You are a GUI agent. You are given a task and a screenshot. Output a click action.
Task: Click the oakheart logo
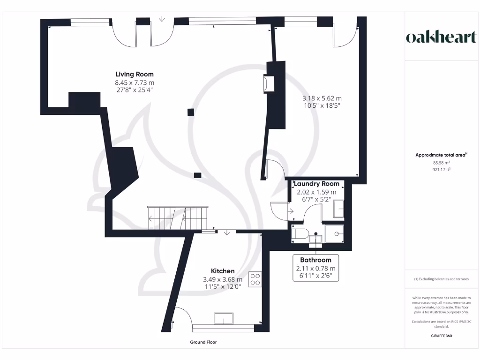441,37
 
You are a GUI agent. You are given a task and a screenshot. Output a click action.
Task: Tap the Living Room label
135,74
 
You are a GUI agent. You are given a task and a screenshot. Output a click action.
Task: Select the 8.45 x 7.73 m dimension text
135,82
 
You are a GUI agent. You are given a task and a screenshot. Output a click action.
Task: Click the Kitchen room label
223,271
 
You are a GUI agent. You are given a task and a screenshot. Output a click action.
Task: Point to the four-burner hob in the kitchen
255,279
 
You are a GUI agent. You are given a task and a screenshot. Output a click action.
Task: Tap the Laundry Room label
316,184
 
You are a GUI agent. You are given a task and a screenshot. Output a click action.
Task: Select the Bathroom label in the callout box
316,260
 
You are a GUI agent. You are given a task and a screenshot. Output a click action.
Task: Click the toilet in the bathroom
298,234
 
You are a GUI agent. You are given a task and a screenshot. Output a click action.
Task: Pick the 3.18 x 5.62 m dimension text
322,98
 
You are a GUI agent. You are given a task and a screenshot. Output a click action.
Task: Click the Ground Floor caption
203,342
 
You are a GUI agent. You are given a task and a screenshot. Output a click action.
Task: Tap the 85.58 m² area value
441,163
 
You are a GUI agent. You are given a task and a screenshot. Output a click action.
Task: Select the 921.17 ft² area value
441,170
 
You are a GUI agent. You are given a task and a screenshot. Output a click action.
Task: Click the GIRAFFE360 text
441,336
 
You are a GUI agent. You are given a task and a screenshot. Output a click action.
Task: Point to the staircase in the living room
178,217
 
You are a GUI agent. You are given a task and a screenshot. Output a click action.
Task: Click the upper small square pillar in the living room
190,112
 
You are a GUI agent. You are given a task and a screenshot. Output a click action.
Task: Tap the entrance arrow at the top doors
162,19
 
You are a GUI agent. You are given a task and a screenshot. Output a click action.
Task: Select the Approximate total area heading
441,155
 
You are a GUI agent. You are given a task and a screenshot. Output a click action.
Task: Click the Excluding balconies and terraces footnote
441,279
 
